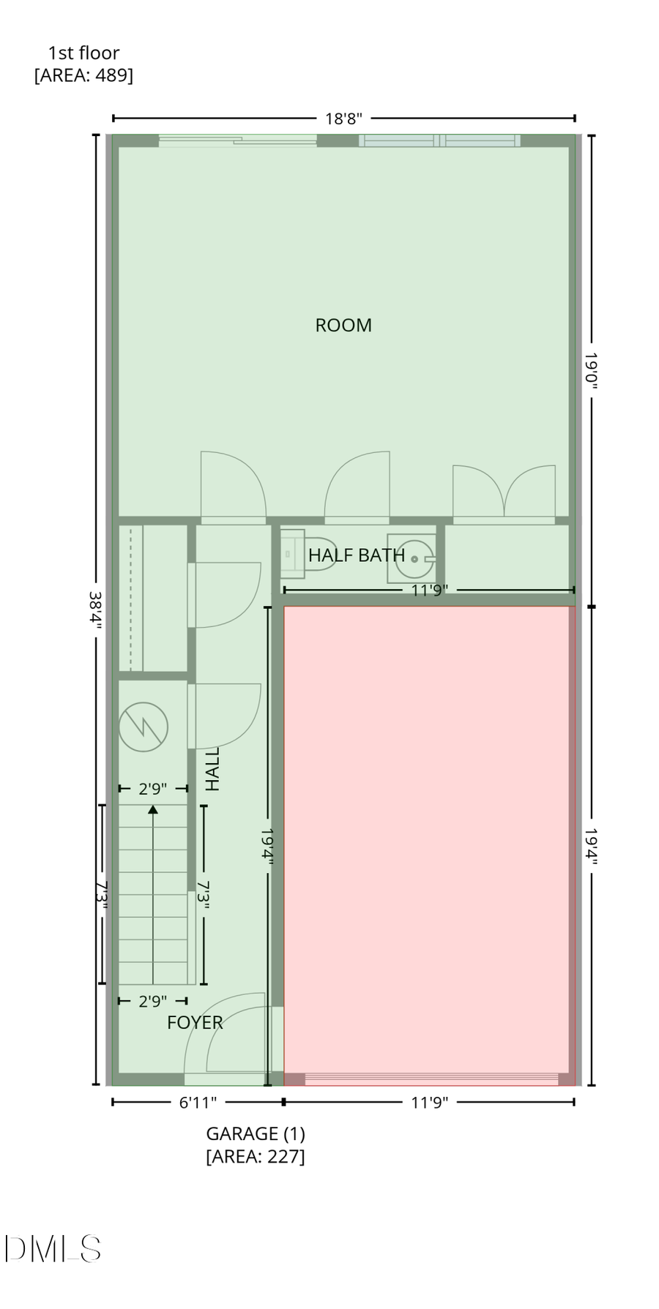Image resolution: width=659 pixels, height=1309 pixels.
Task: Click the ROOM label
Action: tap(343, 326)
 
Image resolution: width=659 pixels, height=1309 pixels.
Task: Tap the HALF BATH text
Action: tap(356, 555)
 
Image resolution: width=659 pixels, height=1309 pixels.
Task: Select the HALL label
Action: tap(212, 768)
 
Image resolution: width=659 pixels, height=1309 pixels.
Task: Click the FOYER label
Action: tap(195, 1023)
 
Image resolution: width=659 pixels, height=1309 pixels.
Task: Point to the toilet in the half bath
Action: tap(300, 554)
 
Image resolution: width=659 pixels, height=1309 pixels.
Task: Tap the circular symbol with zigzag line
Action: tap(144, 727)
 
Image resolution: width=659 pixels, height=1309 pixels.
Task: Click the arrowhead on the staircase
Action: tap(153, 809)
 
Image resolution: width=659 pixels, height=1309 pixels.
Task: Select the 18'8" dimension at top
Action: tap(343, 119)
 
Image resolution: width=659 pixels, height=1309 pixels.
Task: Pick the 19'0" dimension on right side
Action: tap(591, 370)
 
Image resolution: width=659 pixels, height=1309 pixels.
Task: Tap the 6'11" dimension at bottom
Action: tap(198, 1102)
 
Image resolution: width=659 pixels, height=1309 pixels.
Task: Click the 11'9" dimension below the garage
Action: tap(429, 1102)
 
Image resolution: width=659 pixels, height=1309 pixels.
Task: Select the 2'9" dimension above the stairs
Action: tap(153, 789)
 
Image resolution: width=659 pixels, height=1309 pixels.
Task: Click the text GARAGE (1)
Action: tap(256, 1133)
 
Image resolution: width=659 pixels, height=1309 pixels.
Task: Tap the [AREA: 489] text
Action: tap(83, 75)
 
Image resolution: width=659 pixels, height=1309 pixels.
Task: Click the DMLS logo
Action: tap(53, 1248)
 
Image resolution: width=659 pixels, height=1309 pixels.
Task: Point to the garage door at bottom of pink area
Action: tap(431, 1078)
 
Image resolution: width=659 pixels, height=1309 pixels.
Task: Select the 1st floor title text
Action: tap(83, 53)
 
